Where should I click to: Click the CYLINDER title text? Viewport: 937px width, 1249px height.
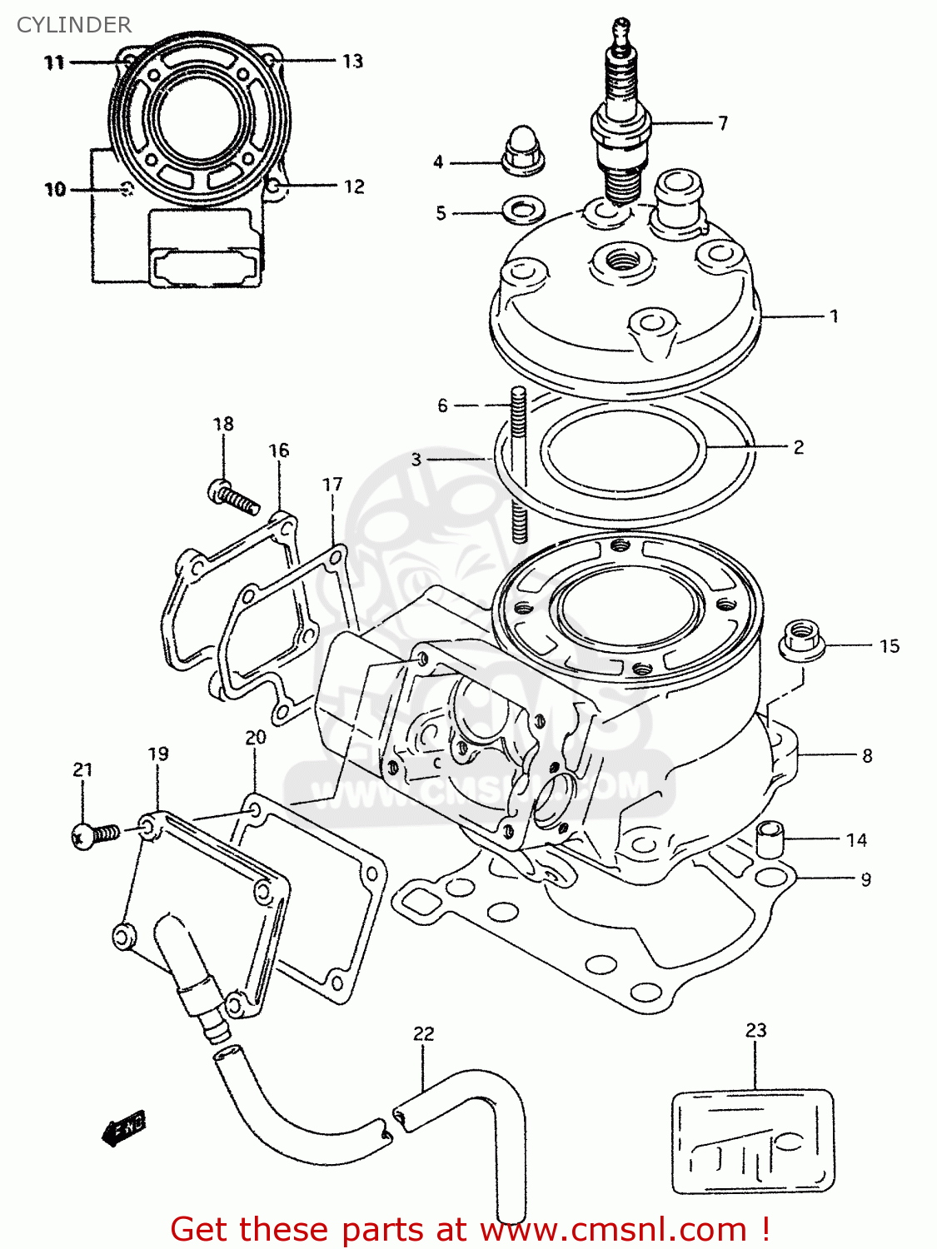pos(73,25)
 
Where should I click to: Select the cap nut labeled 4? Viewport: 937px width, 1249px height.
pos(523,150)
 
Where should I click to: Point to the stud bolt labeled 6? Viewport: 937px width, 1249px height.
pos(518,466)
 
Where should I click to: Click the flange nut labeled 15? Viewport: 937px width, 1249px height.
pos(802,640)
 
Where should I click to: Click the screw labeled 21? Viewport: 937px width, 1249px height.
pos(94,834)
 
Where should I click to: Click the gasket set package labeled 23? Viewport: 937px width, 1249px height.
pos(753,1141)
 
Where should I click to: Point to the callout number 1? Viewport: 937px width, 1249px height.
pos(834,316)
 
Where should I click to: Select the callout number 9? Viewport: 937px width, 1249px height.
pos(866,879)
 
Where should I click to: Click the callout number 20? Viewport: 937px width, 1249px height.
pos(255,738)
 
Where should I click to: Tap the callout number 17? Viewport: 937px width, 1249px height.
pos(332,484)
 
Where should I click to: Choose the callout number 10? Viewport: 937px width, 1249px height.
pos(55,190)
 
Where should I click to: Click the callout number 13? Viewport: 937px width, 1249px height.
pos(353,61)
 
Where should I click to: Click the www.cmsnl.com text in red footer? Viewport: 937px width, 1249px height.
pos(614,1230)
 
